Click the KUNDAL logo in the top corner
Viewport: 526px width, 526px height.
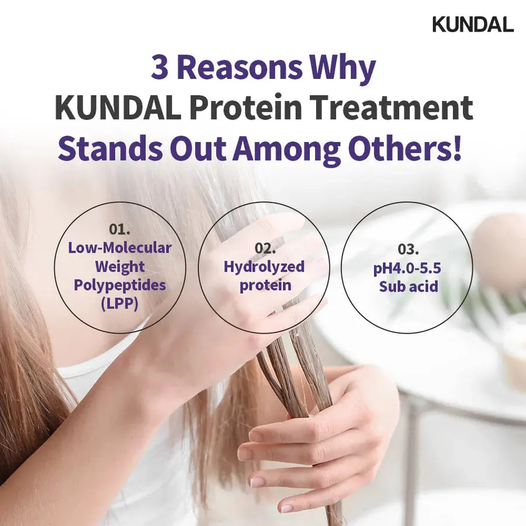click(472, 24)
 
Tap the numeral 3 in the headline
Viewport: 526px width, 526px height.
click(160, 68)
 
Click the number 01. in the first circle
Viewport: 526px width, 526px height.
click(120, 229)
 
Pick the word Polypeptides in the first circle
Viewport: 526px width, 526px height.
click(120, 285)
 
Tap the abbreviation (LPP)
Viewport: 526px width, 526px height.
click(120, 304)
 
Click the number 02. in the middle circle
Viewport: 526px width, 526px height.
click(264, 248)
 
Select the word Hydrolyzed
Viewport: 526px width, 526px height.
click(264, 267)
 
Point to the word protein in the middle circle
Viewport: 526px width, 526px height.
click(264, 286)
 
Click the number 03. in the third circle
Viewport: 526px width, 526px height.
click(408, 249)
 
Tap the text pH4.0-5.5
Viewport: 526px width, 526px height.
click(408, 268)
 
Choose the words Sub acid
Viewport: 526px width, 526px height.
click(408, 286)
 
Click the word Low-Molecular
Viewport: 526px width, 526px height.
click(120, 247)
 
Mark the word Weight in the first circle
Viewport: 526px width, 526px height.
click(120, 267)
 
